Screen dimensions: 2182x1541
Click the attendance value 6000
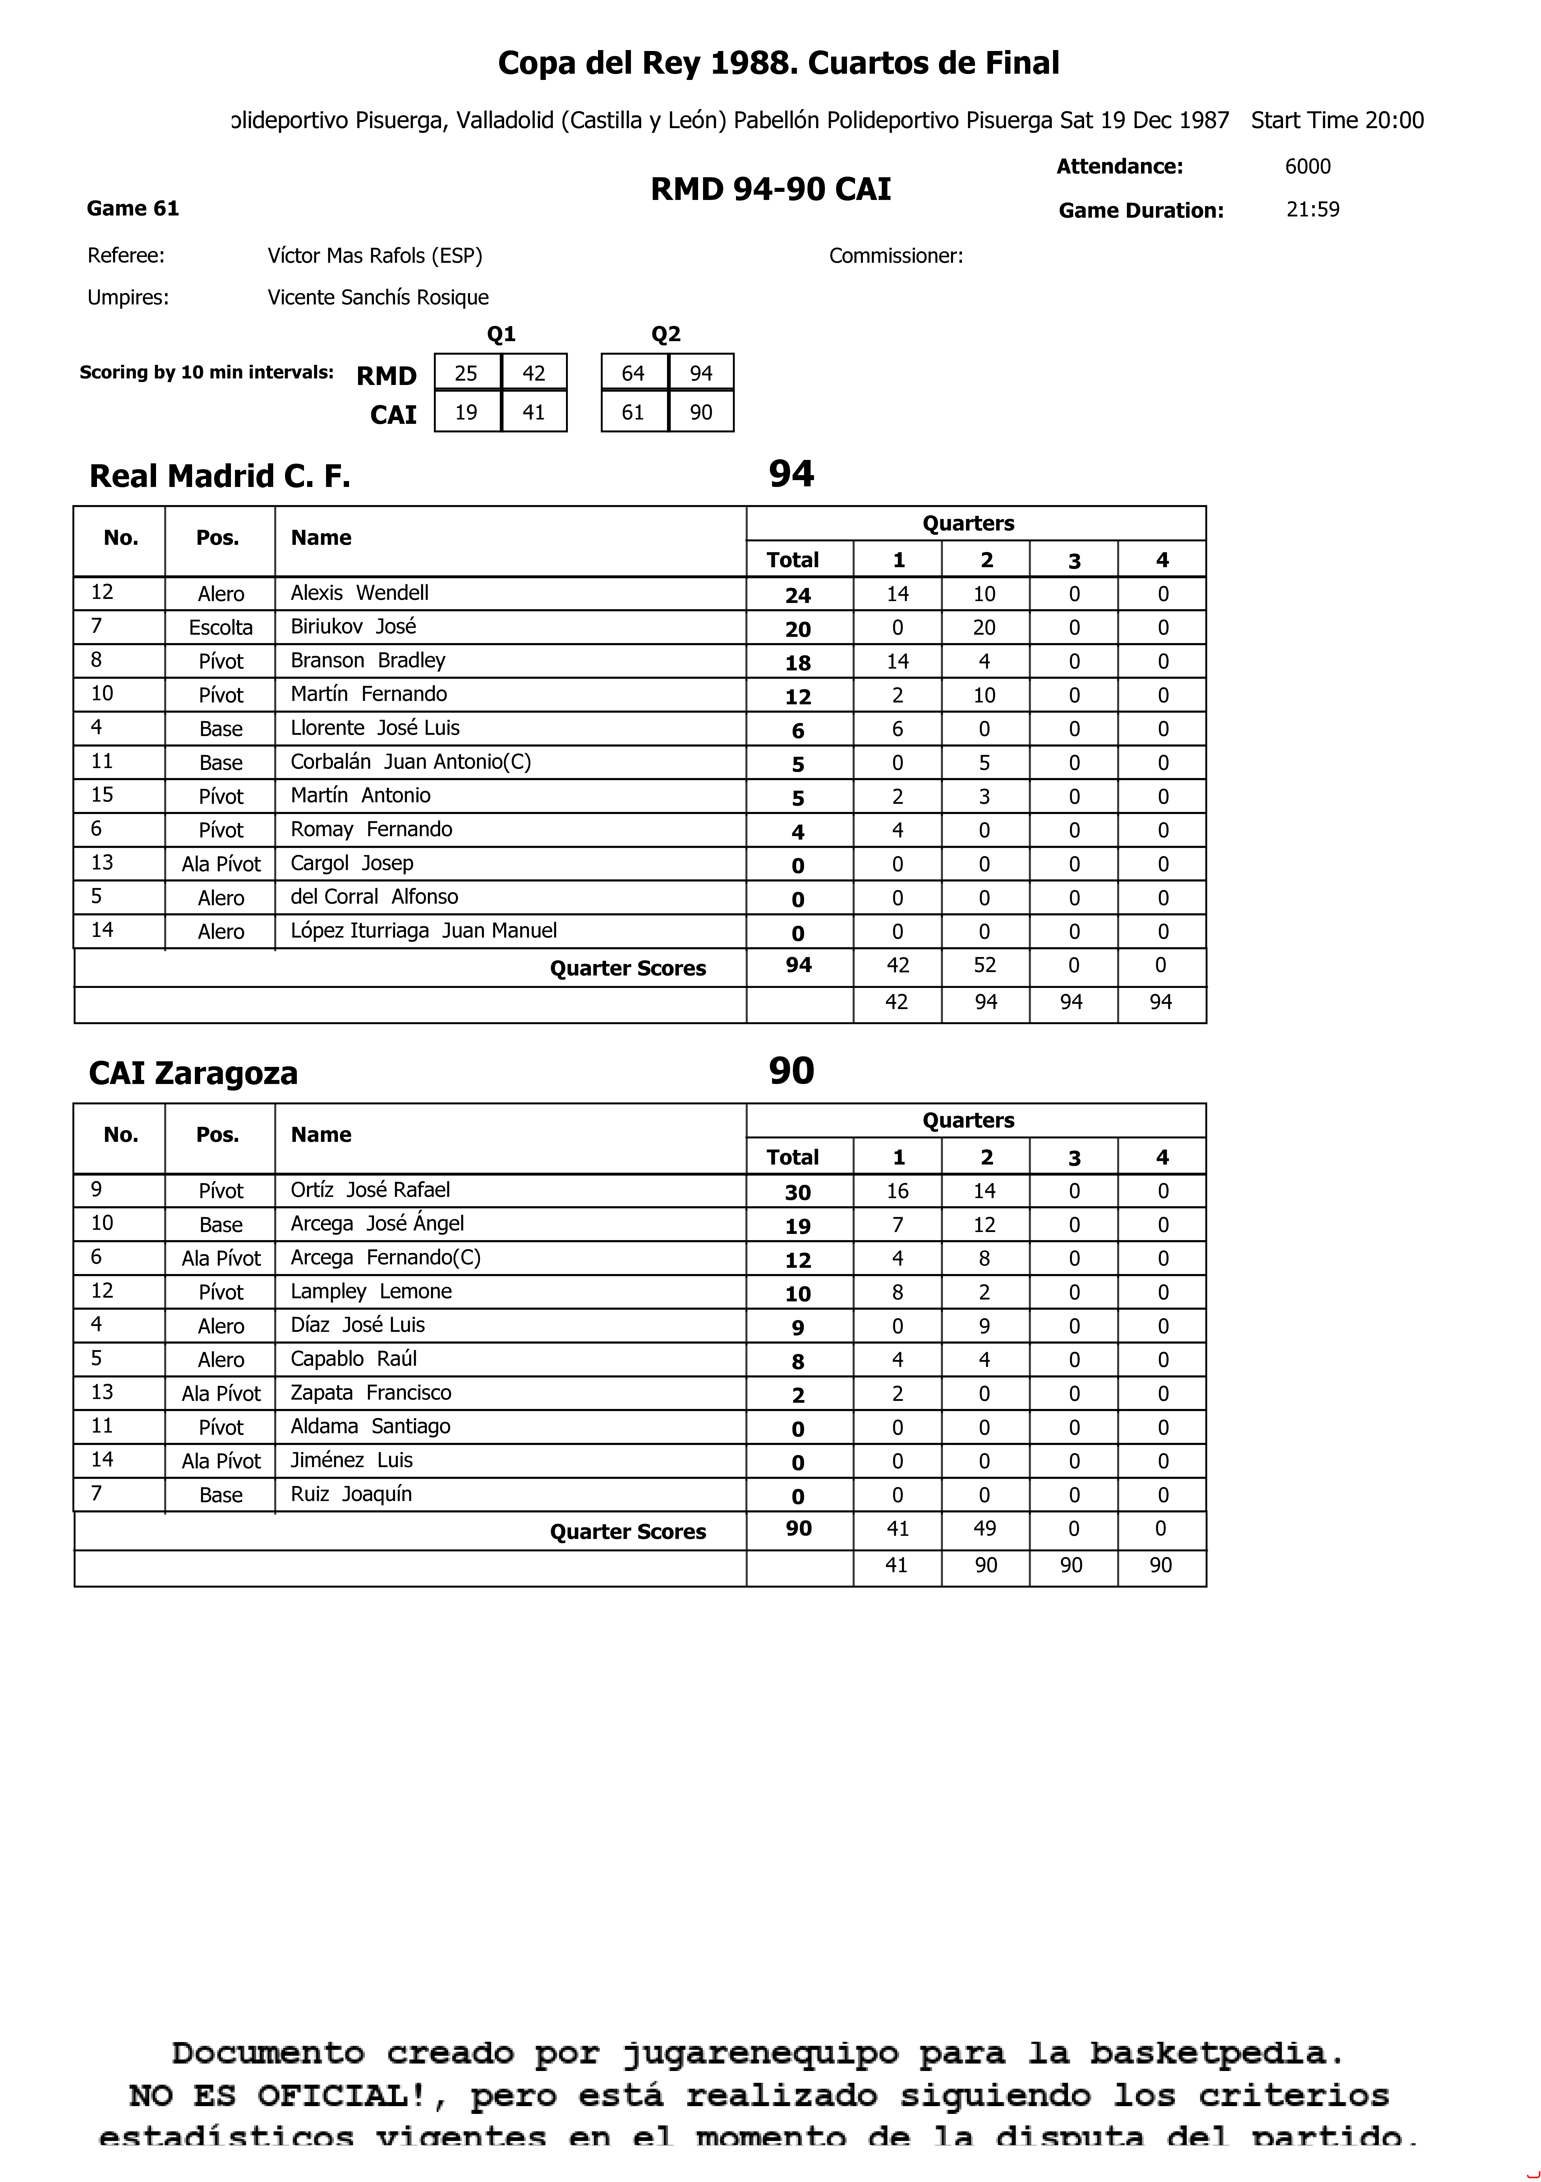coord(1307,166)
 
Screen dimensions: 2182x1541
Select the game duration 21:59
coord(1312,209)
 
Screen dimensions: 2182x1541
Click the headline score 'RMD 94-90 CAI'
coord(770,189)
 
